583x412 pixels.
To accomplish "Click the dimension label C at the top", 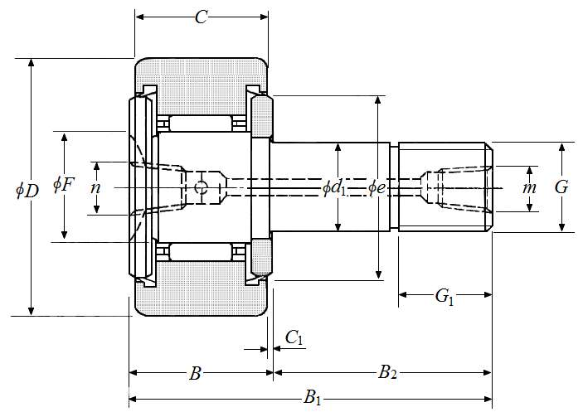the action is [x=201, y=17].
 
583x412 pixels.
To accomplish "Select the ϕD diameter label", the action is [x=27, y=191].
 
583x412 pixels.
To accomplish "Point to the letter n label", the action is [x=96, y=188].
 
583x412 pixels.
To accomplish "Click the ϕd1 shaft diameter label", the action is [x=334, y=188].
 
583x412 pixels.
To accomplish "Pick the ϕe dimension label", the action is [x=377, y=188].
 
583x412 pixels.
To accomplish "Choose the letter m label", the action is [x=529, y=188].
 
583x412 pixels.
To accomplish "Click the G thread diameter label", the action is [x=561, y=187].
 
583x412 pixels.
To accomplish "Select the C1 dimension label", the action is [x=294, y=338].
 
